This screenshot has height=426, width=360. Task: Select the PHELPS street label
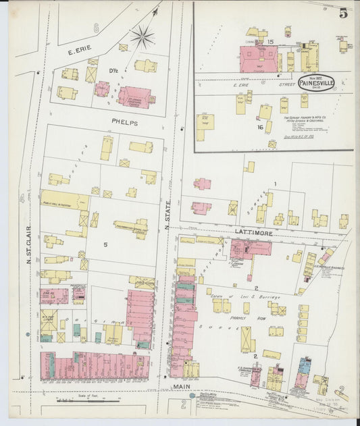[x=124, y=123]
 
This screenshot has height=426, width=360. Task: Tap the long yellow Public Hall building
[x=65, y=200]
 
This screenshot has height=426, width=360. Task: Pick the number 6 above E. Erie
[x=96, y=28]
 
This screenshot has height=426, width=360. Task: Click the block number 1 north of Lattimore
[x=275, y=184]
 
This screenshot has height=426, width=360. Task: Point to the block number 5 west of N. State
[x=105, y=244]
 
